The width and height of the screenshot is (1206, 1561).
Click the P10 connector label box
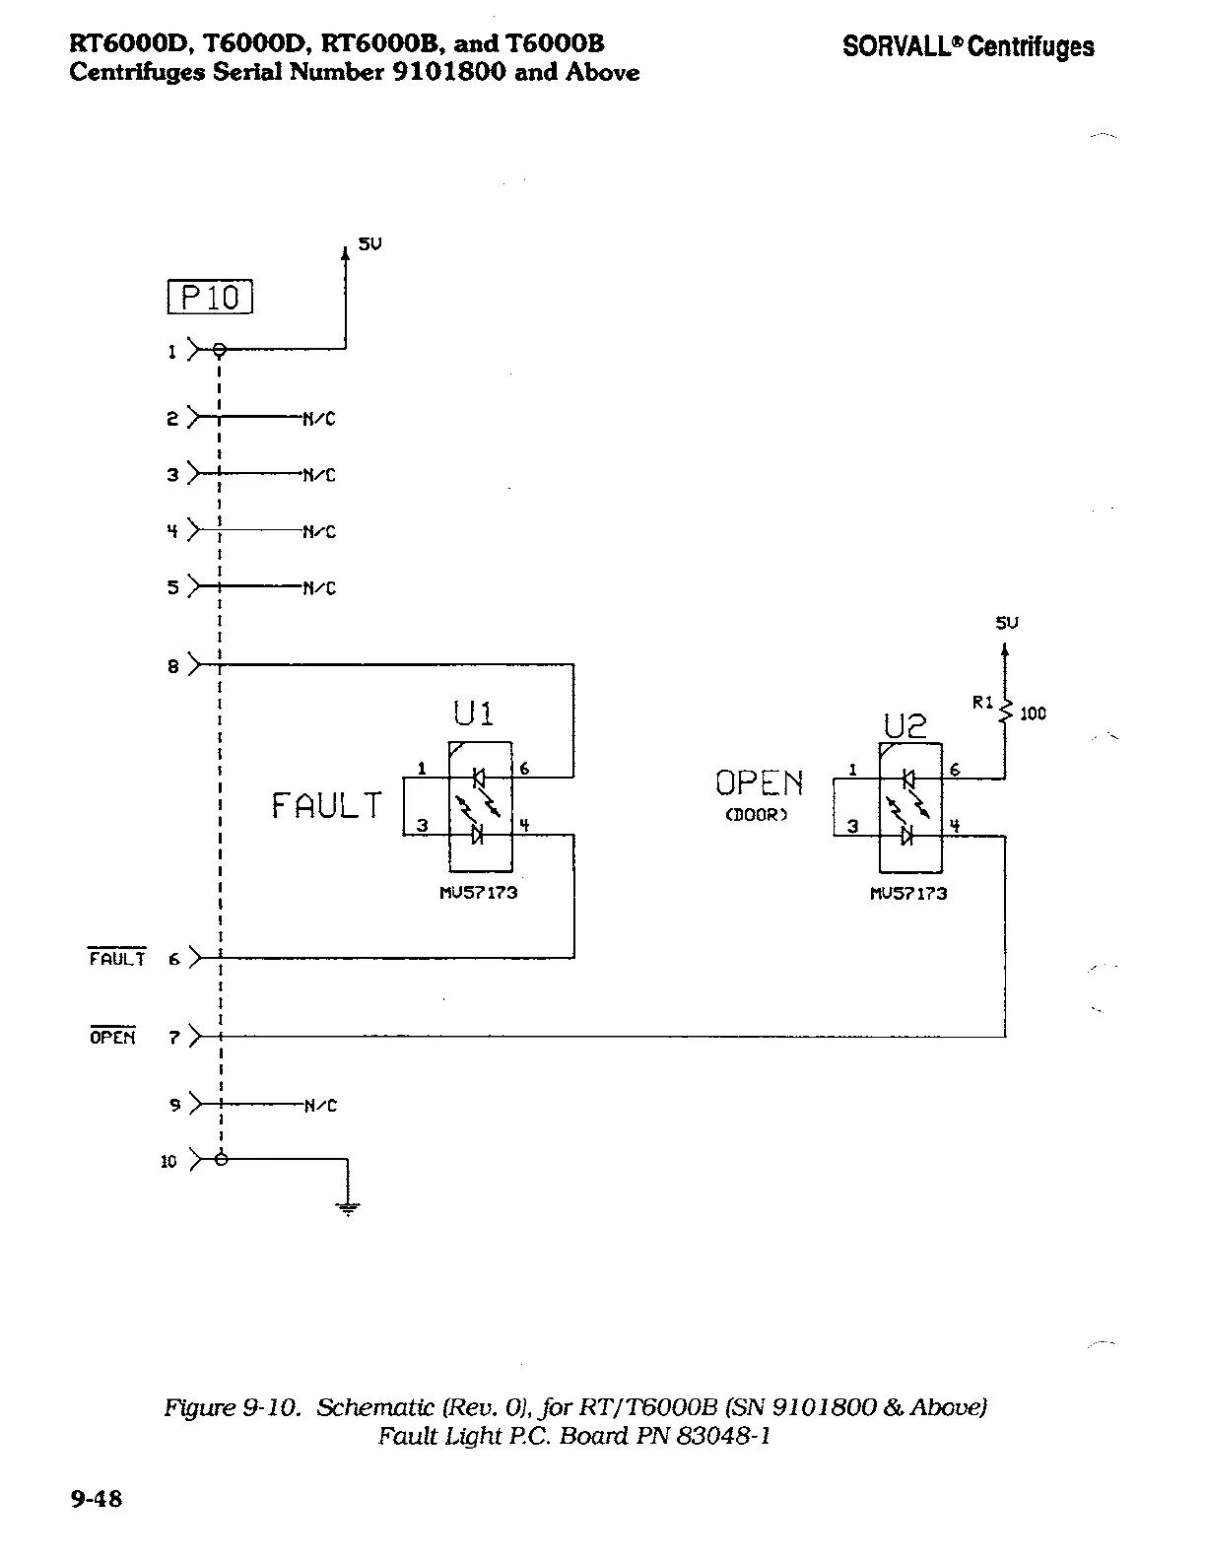(211, 298)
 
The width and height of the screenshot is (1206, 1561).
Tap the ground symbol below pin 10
(347, 1206)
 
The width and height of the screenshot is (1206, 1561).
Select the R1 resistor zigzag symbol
(1005, 710)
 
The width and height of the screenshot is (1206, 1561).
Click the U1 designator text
(473, 713)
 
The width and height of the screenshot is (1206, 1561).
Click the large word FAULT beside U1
(326, 806)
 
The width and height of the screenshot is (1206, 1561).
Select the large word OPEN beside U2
(759, 783)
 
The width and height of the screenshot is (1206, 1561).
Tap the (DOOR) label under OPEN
(757, 816)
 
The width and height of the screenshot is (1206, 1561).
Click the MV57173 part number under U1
(478, 893)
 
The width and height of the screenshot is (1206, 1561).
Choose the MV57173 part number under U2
(908, 893)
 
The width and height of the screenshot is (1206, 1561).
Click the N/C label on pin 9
(320, 1106)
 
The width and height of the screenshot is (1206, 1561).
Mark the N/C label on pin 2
(319, 419)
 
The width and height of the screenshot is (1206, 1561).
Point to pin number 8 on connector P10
(173, 667)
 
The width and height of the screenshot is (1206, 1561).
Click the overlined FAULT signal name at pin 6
(117, 958)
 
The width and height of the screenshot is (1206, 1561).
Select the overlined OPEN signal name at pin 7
(112, 1037)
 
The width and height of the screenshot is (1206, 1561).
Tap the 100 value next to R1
(1033, 713)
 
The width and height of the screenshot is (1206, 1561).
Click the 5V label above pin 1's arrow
(368, 243)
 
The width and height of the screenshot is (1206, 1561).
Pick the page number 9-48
(96, 1499)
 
